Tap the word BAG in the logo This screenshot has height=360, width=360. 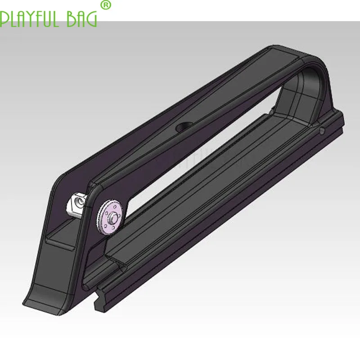[82, 19]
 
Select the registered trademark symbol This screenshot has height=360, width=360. [106, 5]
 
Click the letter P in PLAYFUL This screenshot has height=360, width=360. [4, 19]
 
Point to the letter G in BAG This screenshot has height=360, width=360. [92, 19]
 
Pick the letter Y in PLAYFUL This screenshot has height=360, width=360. [30, 19]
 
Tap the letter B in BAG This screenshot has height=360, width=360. [72, 19]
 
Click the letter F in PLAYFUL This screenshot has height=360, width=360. [39, 19]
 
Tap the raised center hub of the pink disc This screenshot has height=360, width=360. [112, 217]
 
